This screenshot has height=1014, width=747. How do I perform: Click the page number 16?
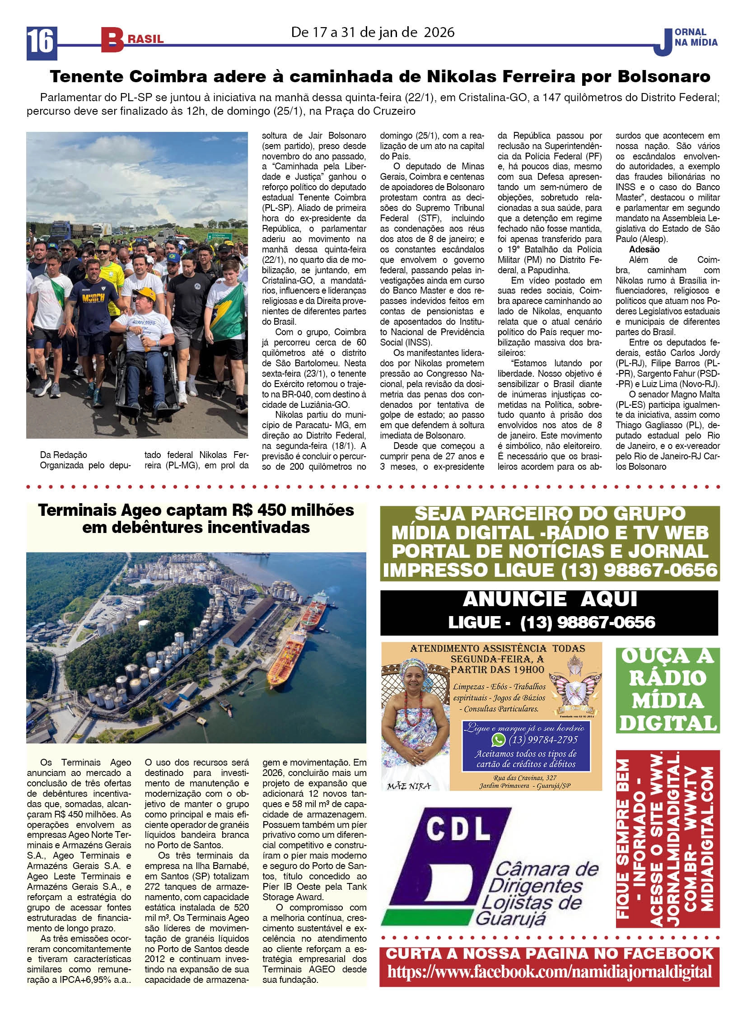click(41, 42)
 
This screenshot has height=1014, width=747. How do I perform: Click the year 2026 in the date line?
click(439, 32)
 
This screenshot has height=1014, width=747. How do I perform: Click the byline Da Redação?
click(63, 454)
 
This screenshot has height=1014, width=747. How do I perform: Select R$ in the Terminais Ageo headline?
click(243, 510)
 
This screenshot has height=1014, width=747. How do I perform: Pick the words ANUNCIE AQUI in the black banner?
click(550, 599)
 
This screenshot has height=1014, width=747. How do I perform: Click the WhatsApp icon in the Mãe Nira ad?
click(498, 740)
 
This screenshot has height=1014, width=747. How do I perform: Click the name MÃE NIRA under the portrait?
click(409, 786)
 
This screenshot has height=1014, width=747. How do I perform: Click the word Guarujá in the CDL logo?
click(511, 919)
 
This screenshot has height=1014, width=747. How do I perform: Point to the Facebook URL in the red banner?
click(549, 972)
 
